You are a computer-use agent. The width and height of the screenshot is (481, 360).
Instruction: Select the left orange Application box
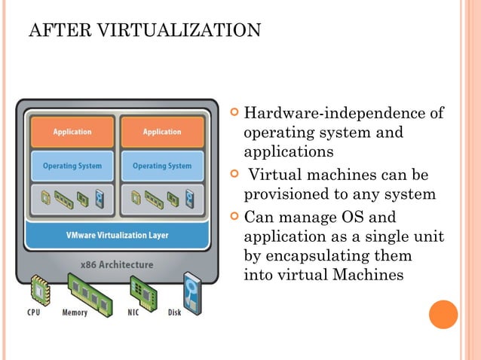click(72, 132)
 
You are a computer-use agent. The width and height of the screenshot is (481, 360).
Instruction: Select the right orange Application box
click(161, 132)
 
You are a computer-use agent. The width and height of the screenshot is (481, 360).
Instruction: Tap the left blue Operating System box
click(72, 166)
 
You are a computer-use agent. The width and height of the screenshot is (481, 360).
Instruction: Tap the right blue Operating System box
click(161, 166)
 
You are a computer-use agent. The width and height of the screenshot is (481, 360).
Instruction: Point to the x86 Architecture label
click(117, 264)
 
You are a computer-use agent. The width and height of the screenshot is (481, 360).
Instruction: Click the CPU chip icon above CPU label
click(38, 289)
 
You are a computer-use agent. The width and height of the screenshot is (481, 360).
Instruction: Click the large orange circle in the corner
click(443, 314)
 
